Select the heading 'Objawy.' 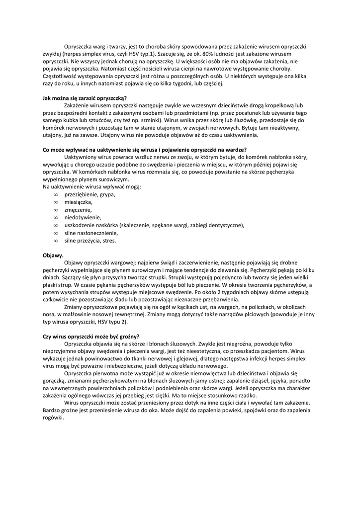53,255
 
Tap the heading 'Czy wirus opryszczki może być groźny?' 91,336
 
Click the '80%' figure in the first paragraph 198,53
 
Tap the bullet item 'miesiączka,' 78,202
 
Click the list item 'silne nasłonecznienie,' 91,233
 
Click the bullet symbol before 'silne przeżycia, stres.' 56,241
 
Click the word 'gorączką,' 54,380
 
